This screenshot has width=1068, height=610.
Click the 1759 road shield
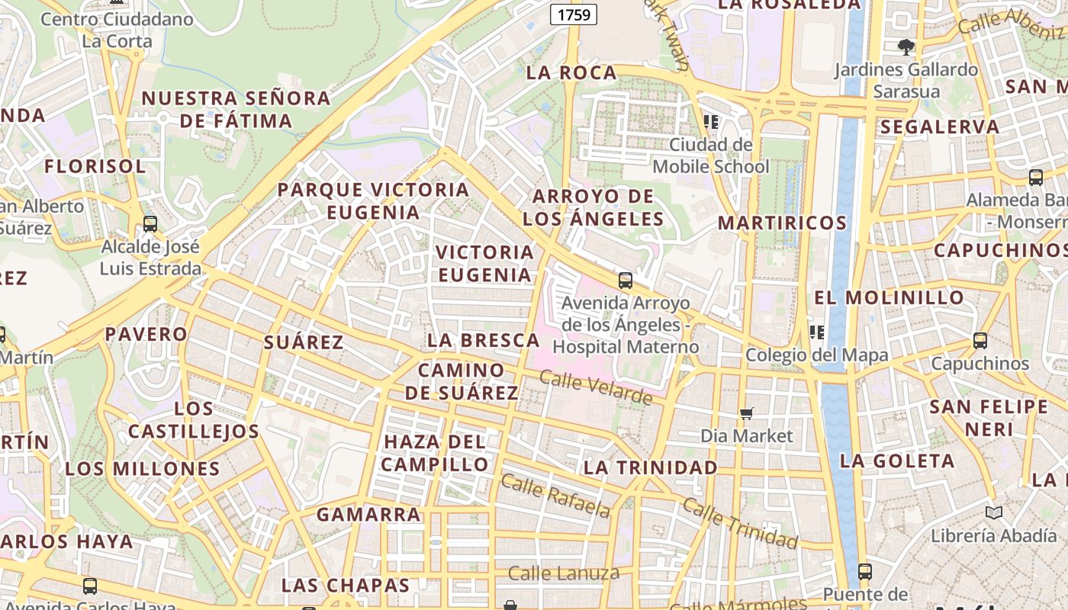573,14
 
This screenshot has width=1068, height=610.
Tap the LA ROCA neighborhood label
571,73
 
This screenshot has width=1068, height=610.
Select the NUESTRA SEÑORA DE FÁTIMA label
236,109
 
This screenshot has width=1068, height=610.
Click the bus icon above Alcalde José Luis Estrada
150,224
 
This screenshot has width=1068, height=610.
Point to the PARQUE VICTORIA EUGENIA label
373,201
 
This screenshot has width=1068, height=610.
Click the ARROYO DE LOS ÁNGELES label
594,207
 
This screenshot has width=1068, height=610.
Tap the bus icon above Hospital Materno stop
626,281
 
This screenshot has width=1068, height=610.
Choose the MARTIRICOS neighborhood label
782,223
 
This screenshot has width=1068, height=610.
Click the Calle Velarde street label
596,387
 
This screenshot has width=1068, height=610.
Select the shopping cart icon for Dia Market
747,413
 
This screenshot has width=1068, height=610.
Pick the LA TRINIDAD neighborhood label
651,467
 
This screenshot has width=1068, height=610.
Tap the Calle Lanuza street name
564,573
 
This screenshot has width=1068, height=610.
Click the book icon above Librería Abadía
993,512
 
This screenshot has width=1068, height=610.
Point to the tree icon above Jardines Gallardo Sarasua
906,47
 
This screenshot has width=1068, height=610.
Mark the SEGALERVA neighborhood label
940,127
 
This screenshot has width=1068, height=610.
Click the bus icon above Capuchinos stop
980,341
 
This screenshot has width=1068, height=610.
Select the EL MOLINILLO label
889,297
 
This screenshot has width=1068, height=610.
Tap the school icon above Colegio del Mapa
817,332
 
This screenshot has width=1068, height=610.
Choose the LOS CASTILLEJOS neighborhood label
194,420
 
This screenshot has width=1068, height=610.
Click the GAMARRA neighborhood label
368,515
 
